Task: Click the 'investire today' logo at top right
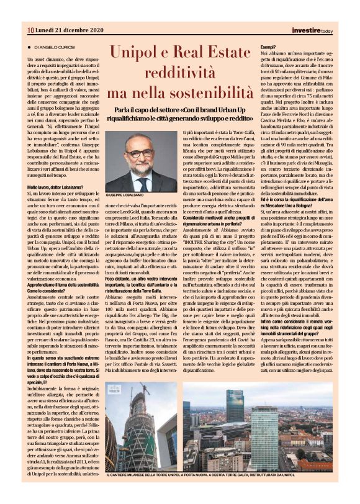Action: tap(312, 30)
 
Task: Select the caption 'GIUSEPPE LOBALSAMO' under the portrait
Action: tap(127, 195)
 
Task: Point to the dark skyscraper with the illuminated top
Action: tap(235, 410)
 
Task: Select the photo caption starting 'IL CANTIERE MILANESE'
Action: tap(180, 475)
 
